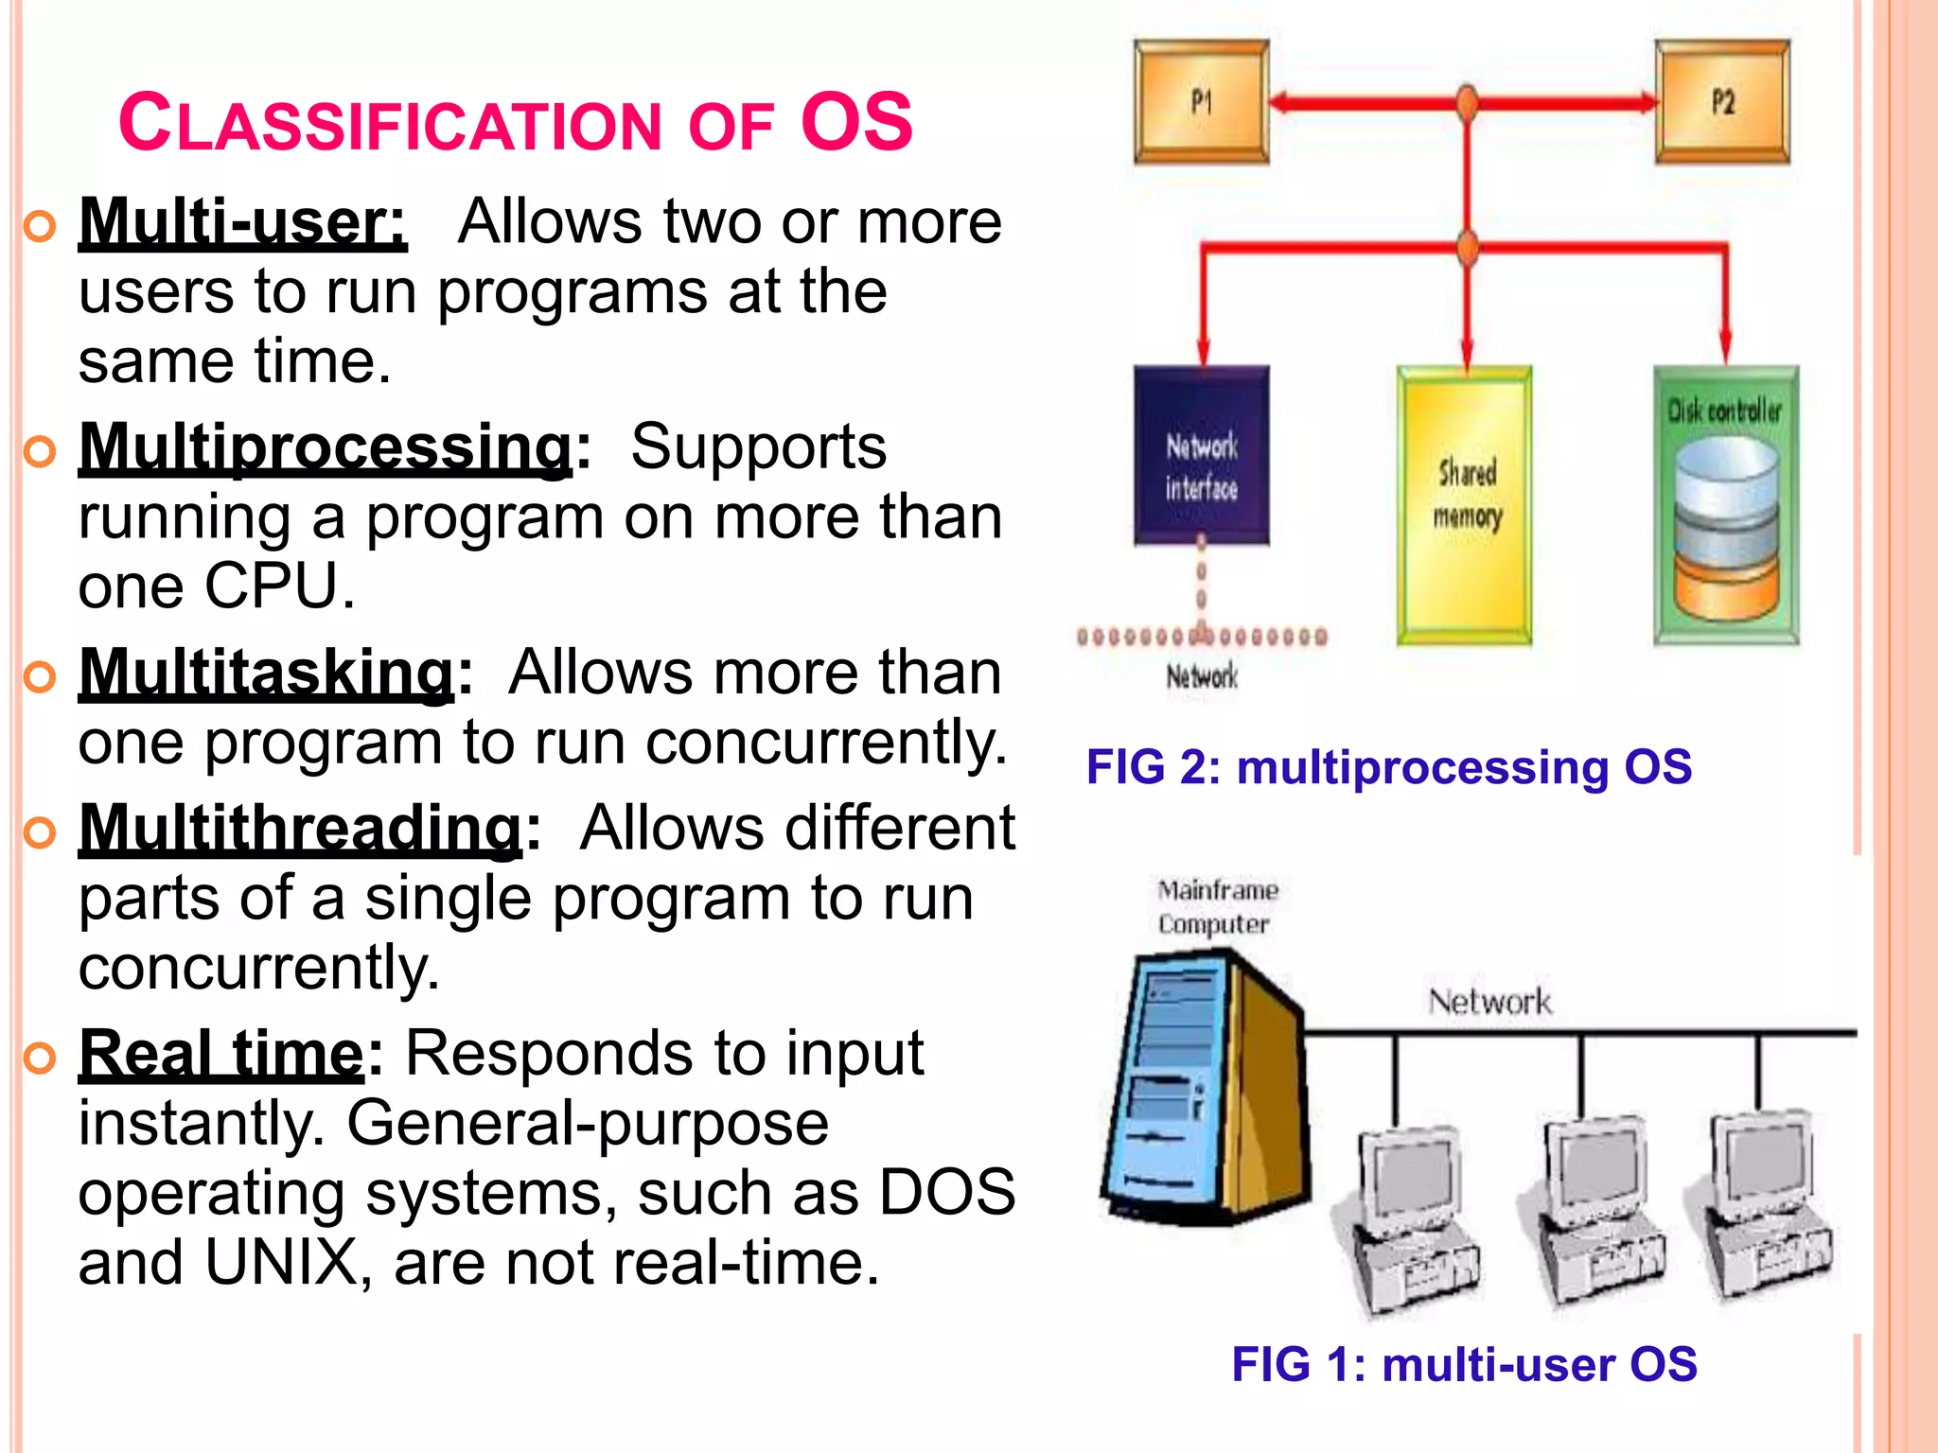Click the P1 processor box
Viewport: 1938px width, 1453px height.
pos(1201,101)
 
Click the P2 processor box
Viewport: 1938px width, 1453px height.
pos(1722,101)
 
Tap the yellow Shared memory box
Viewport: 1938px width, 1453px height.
pos(1465,506)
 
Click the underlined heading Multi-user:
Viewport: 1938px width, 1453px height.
pos(242,222)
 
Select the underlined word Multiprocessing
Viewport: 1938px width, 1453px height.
pos(326,446)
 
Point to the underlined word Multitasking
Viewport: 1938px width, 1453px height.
pos(267,673)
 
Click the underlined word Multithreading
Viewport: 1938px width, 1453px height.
pos(300,829)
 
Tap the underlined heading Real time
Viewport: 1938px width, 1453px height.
pos(221,1053)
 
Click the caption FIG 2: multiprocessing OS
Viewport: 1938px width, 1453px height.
pos(1388,766)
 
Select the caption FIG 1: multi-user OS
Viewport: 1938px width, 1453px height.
pos(1464,1364)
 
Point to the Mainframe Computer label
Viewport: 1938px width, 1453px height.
pos(1217,906)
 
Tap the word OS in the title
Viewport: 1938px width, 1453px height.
pos(856,123)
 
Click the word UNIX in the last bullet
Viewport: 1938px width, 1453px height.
pos(281,1263)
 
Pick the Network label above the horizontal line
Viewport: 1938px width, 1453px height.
pos(1489,1001)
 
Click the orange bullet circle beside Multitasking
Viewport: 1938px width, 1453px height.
pos(41,675)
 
